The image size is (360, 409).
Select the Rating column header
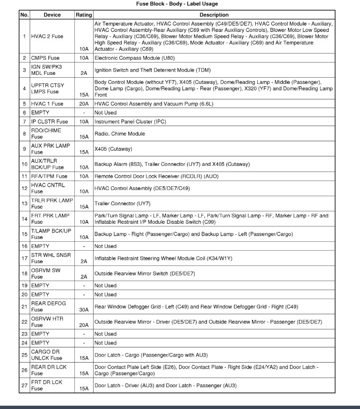[84, 15]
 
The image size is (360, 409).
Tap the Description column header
[214, 15]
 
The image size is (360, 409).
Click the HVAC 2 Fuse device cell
[47, 36]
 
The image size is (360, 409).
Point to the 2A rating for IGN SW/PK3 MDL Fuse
[84, 73]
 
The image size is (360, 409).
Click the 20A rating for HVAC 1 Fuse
[84, 104]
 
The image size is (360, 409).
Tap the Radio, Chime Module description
[120, 134]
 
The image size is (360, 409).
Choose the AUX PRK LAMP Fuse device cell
[51, 149]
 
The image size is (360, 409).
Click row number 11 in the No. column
[24, 176]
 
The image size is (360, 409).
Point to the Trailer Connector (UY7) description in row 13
[122, 204]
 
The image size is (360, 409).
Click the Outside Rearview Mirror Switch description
[144, 273]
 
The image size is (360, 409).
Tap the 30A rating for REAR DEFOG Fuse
[84, 309]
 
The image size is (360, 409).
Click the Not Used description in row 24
[105, 343]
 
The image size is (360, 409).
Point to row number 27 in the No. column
[24, 385]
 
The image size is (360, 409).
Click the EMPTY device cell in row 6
[40, 113]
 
